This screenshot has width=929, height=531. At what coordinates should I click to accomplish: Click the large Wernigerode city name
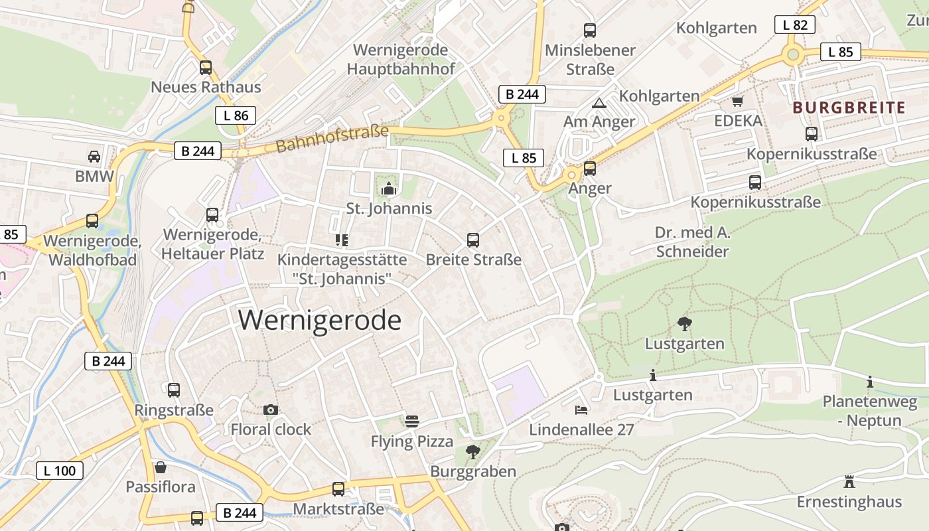(320, 321)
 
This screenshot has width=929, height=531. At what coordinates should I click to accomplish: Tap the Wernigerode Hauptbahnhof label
(401, 60)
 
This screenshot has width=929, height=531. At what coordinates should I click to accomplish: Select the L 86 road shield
(236, 115)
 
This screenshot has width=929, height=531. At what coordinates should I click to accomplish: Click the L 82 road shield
(794, 25)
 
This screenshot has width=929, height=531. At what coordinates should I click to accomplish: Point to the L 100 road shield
(60, 471)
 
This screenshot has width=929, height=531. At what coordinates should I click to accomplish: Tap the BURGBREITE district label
(849, 108)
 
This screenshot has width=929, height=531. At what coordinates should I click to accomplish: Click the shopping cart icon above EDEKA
(737, 102)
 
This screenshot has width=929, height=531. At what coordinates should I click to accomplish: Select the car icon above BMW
(94, 157)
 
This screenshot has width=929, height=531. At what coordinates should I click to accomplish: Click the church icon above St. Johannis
(388, 190)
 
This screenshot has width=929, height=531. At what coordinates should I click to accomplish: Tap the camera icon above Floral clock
(270, 410)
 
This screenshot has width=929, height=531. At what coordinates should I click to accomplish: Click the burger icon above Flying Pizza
(412, 421)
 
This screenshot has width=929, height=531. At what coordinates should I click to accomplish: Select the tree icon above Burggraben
(473, 452)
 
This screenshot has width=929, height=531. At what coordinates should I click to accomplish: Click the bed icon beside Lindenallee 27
(581, 410)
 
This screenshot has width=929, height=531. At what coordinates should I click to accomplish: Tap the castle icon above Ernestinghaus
(849, 481)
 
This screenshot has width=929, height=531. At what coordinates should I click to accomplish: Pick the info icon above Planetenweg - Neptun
(869, 382)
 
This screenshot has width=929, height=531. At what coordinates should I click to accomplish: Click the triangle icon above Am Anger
(599, 102)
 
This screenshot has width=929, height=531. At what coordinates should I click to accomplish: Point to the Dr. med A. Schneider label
(692, 242)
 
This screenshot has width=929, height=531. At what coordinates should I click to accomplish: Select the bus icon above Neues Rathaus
(206, 67)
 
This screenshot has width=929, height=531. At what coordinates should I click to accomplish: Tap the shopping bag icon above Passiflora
(161, 467)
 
